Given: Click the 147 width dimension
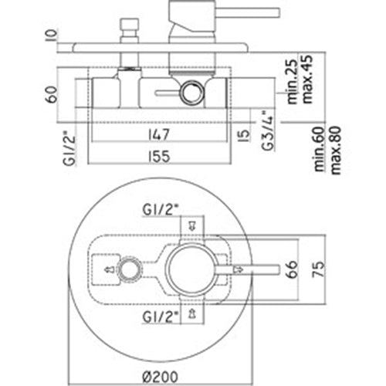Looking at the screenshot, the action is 159,134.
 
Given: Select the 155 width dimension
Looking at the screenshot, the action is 159,156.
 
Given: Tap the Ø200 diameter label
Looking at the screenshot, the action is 160,377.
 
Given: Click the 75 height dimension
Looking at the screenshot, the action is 318,269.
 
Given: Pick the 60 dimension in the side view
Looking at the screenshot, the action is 52,94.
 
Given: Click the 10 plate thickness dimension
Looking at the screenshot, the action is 51,36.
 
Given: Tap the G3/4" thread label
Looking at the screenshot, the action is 267,130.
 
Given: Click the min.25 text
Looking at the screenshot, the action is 292,82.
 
